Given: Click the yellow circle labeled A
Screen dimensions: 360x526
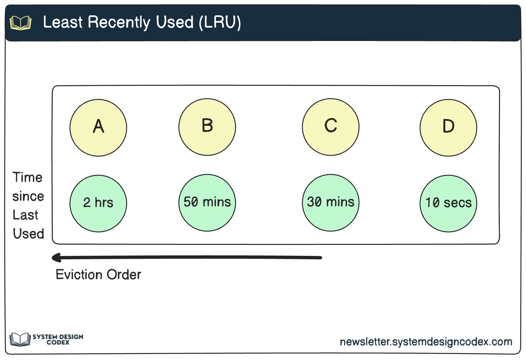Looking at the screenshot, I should [x=98, y=127].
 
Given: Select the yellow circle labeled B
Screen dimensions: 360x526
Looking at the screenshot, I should [x=207, y=127].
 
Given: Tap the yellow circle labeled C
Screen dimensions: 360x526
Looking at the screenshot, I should [x=330, y=127].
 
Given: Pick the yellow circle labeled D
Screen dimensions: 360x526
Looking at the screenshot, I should [x=448, y=127].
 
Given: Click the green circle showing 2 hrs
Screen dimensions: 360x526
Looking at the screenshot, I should [x=98, y=203].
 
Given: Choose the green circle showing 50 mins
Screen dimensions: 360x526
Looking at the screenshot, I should [x=207, y=203].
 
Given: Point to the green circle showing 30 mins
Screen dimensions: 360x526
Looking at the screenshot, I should [x=330, y=203].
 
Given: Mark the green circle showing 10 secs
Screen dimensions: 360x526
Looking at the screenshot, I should [x=448, y=203].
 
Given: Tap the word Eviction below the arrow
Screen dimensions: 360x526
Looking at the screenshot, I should [x=79, y=275].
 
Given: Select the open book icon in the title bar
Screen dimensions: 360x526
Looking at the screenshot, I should [x=20, y=23].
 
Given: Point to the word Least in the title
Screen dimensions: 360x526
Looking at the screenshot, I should [x=63, y=22].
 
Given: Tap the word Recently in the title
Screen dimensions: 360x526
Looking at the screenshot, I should [x=119, y=22].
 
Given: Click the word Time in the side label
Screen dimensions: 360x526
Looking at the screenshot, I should [x=28, y=177].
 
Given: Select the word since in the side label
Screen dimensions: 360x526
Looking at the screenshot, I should [x=28, y=196].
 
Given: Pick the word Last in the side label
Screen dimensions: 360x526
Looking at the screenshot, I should [x=25, y=215].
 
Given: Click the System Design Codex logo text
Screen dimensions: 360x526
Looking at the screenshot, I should [x=58, y=339].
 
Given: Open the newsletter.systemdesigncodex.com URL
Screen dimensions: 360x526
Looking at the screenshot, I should [x=426, y=342].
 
